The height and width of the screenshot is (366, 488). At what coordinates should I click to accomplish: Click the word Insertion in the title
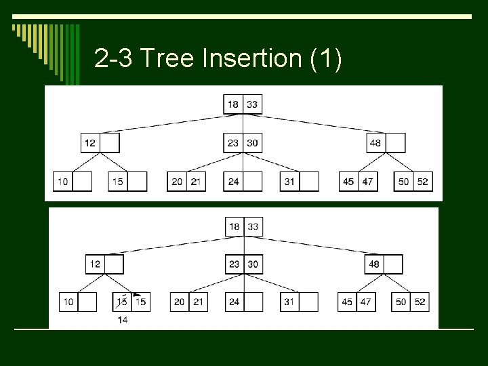[251, 59]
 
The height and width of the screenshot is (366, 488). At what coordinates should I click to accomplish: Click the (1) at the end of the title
[325, 59]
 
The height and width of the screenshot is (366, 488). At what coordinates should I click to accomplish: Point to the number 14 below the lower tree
[123, 319]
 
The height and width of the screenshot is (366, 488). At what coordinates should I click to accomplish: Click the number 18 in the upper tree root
[233, 104]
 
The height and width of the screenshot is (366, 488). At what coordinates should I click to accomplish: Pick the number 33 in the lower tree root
[253, 226]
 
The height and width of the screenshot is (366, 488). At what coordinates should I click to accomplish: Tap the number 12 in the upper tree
[90, 143]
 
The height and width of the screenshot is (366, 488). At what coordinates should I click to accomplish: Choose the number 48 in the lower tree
[373, 264]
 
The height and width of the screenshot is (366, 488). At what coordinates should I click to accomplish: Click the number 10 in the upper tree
[62, 182]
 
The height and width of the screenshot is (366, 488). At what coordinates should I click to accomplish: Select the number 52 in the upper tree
[423, 182]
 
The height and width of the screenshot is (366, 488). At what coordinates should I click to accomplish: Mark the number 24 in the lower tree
[234, 302]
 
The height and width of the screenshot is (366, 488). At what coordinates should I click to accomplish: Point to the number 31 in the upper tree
[289, 182]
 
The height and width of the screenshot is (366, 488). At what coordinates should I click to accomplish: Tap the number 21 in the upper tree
[196, 182]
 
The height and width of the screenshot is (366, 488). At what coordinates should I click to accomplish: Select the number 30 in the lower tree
[253, 264]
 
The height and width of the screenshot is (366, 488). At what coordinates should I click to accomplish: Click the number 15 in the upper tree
[118, 182]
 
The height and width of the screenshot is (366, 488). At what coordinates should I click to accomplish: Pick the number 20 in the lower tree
[179, 302]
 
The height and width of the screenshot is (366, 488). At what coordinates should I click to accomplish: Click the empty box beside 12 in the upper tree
[110, 143]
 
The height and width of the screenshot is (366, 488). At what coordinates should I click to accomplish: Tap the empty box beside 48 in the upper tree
[396, 143]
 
